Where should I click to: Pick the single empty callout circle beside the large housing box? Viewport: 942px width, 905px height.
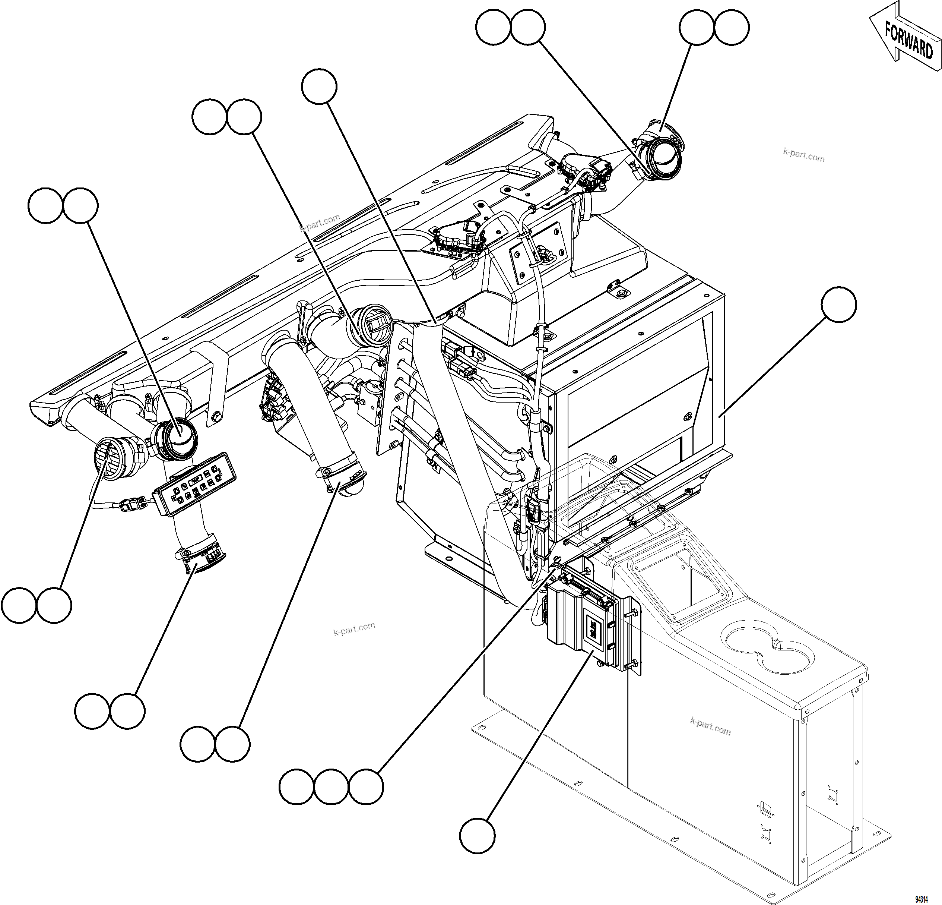(x=839, y=305)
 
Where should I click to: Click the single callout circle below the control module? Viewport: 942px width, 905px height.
(x=477, y=836)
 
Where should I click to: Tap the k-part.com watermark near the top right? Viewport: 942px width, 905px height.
(x=803, y=155)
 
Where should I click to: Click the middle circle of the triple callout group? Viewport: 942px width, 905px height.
(x=332, y=787)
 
